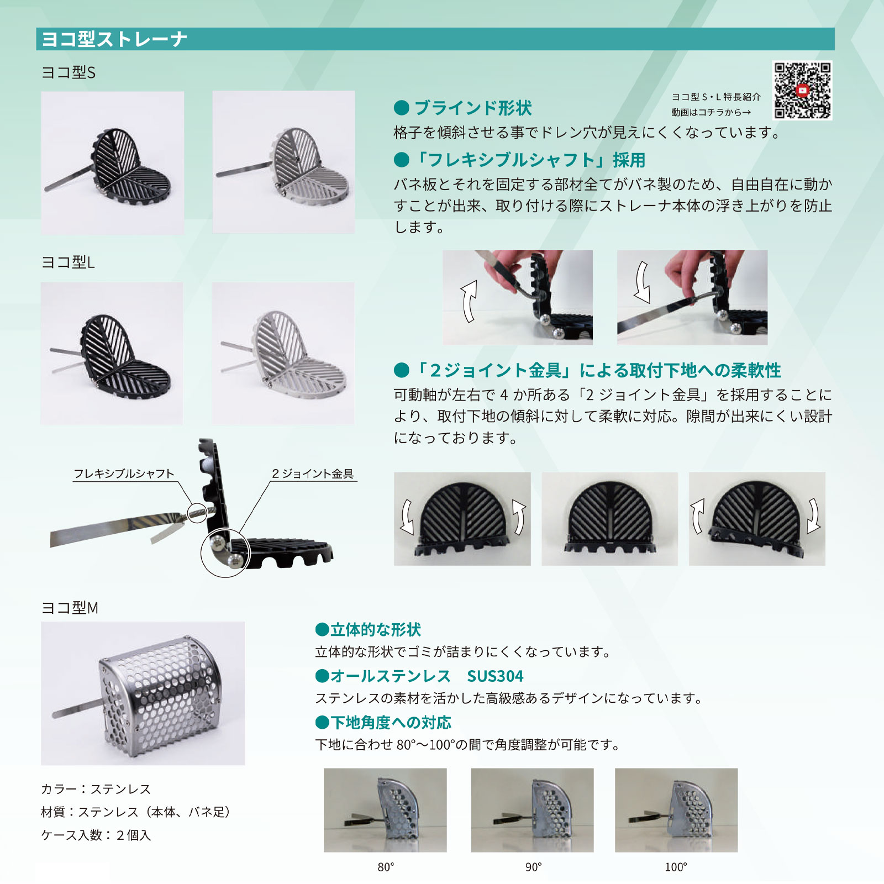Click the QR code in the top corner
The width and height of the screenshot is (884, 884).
pyautogui.click(x=802, y=90)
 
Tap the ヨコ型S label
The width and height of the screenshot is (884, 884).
pyautogui.click(x=69, y=72)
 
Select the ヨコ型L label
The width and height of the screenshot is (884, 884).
pyautogui.click(x=68, y=262)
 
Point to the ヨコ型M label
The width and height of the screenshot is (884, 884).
pyautogui.click(x=70, y=608)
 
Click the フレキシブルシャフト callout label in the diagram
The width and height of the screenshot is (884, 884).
pyautogui.click(x=124, y=473)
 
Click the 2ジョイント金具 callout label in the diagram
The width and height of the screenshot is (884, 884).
pyautogui.click(x=313, y=473)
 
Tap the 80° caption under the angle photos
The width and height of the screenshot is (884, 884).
pyautogui.click(x=386, y=867)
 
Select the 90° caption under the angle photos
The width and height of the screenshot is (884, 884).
pyautogui.click(x=533, y=867)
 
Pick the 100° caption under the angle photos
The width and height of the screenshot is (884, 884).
pyautogui.click(x=676, y=867)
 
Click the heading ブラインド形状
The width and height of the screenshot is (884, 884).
pyautogui.click(x=472, y=108)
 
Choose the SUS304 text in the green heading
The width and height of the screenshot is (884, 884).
pyautogui.click(x=495, y=676)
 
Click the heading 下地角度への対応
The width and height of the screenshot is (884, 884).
pyautogui.click(x=391, y=723)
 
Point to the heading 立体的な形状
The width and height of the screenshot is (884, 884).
pyautogui.click(x=376, y=630)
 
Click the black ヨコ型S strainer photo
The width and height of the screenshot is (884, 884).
pyautogui.click(x=113, y=163)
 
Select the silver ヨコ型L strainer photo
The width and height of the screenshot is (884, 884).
pyautogui.click(x=283, y=354)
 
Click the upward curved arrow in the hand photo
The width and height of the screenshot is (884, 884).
pyautogui.click(x=469, y=301)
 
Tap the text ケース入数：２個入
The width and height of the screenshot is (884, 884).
pyautogui.click(x=96, y=835)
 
